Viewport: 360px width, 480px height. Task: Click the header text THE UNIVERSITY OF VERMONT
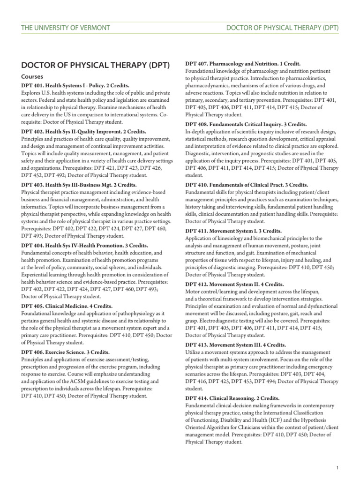[x=66, y=28]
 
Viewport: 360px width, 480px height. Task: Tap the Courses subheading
[x=32, y=76]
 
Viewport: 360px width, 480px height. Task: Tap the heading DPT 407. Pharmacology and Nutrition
[x=243, y=63]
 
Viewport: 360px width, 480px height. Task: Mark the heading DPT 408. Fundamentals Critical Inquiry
[x=246, y=124]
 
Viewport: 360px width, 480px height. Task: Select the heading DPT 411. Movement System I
[x=233, y=231]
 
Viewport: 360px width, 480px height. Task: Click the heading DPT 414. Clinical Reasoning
[x=233, y=398]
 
